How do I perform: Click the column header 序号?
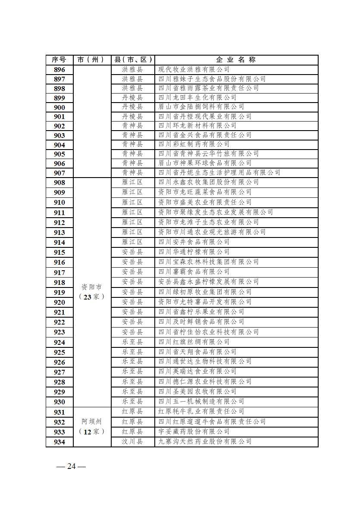pos(59,59)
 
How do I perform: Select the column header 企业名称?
pos(236,59)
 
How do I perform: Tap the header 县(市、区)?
pos(132,59)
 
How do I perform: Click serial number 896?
pos(59,70)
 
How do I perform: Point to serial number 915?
pos(59,253)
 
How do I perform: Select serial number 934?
pos(59,442)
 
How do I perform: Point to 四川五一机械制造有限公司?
pos(201,401)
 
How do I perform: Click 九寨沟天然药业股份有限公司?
pos(205,441)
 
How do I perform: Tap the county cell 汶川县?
pos(132,441)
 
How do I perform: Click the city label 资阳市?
pos(92,287)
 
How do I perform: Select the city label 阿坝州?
pos(92,422)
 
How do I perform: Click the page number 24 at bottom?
pos(71,466)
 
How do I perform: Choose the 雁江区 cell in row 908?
pos(132,182)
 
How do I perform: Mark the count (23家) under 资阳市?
pos(92,297)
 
